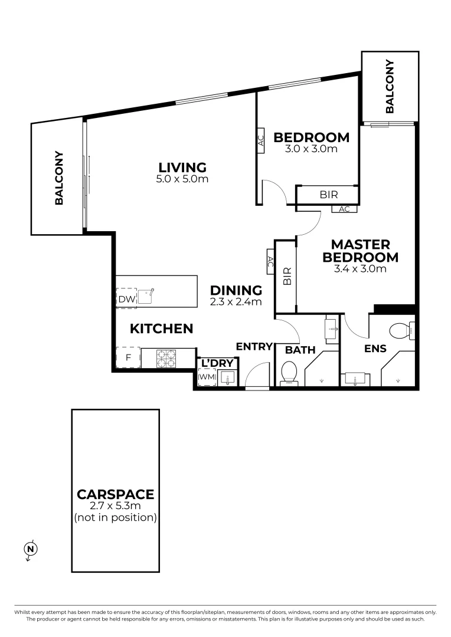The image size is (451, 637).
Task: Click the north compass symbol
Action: [31, 550]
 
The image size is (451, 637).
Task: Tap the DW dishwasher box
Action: [126, 298]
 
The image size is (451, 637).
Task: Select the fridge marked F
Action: [128, 357]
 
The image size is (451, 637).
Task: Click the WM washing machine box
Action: [207, 376]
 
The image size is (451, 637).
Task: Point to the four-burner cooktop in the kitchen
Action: [166, 358]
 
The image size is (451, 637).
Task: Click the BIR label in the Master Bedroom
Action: [287, 275]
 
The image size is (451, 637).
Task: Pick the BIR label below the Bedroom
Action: [329, 194]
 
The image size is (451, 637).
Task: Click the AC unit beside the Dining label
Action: [270, 262]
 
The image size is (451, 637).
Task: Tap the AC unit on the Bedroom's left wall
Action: [260, 141]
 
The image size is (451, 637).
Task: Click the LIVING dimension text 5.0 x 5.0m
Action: [182, 179]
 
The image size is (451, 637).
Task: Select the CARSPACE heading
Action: [115, 494]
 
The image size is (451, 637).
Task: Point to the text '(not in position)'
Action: [115, 518]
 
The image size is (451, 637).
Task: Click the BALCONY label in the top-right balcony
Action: [390, 86]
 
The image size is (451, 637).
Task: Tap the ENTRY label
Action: [254, 347]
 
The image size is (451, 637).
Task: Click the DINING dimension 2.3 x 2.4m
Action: [236, 301]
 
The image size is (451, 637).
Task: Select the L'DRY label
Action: [218, 363]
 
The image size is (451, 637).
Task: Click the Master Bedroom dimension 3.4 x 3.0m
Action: [360, 269]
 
